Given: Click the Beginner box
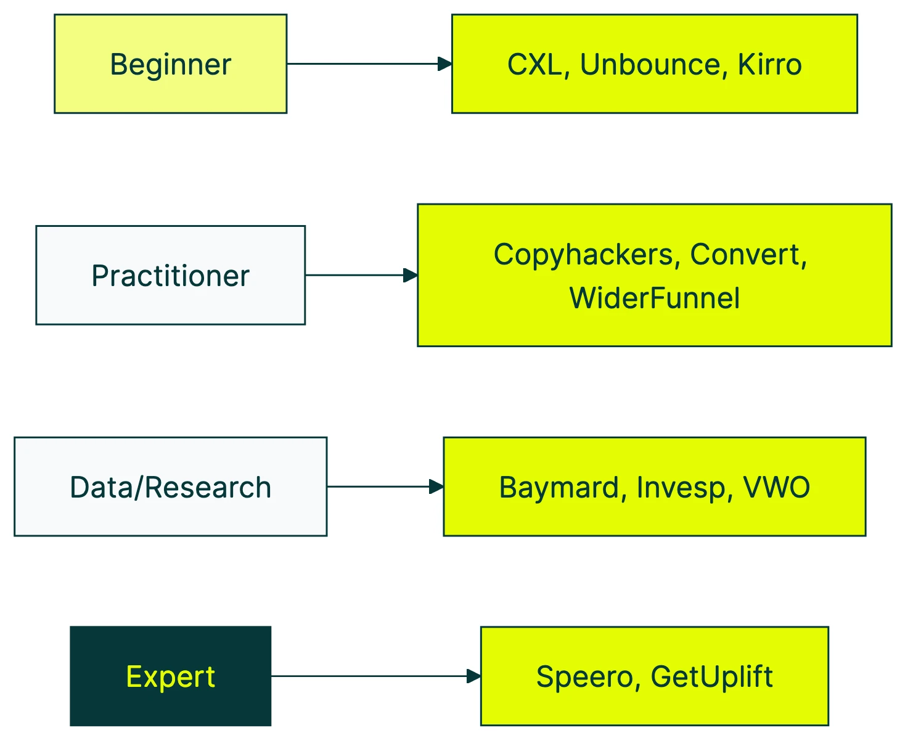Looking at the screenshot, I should (x=170, y=64).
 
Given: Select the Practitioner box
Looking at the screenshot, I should (x=170, y=275).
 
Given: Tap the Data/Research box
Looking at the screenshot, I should (x=170, y=486).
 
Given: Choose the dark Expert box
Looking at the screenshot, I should (x=170, y=676).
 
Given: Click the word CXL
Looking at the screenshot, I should (x=534, y=65).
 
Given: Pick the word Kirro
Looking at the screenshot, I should (x=769, y=65).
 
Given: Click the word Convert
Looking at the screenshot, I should (x=748, y=255).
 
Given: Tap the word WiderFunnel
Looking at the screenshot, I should (x=654, y=298).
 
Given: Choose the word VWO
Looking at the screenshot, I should (x=776, y=488).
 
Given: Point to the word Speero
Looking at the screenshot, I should (x=584, y=677).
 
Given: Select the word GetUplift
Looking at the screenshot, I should (x=711, y=677).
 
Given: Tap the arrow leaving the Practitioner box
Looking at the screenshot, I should (x=361, y=275).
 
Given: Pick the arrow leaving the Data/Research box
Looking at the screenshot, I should (x=385, y=486).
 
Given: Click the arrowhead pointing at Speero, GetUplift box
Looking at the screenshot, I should (x=473, y=676).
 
